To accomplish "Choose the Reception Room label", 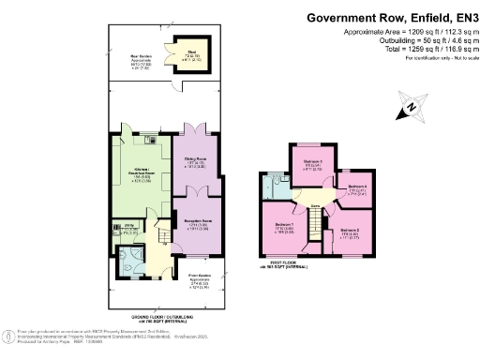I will coord(195,225).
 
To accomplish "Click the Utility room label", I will coord(125,228).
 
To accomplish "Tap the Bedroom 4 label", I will coord(356,188).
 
